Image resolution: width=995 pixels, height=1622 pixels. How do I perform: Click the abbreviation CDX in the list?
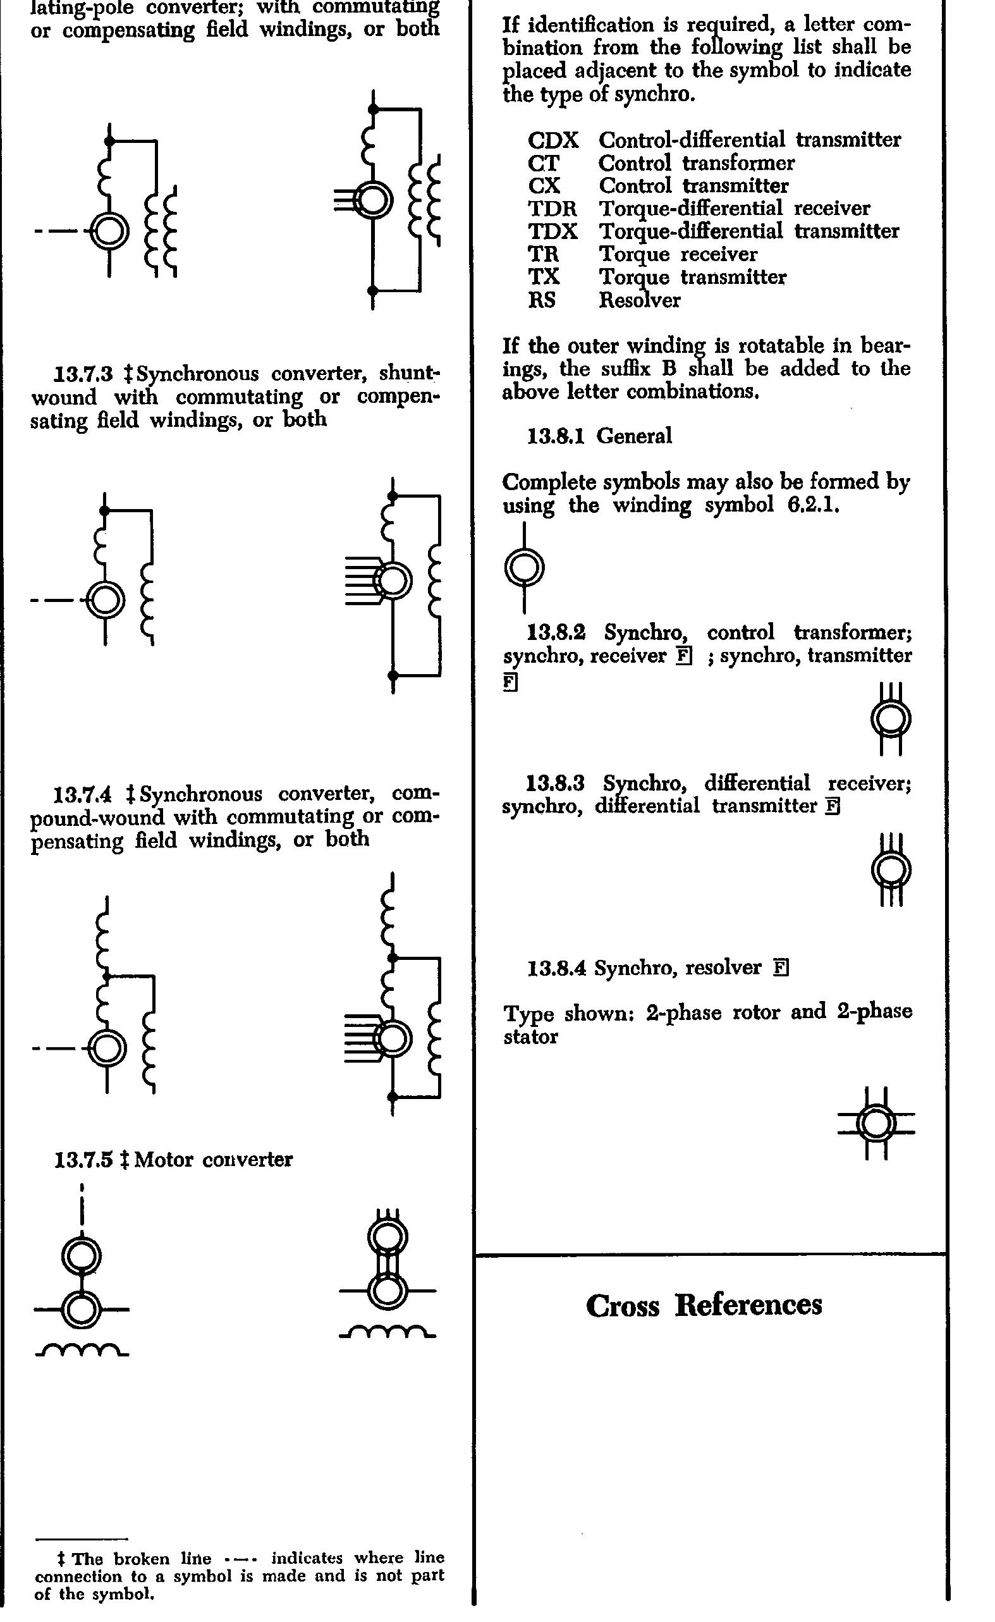[552, 140]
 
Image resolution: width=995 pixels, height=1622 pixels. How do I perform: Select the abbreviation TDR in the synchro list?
[552, 209]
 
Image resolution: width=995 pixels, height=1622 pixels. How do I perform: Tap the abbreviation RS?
[542, 300]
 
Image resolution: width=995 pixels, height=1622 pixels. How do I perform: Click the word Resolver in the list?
[639, 300]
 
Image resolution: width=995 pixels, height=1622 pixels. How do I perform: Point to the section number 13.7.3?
[83, 374]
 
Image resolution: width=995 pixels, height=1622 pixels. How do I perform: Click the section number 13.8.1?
[556, 436]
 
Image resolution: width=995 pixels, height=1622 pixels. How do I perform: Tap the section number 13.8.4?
[556, 968]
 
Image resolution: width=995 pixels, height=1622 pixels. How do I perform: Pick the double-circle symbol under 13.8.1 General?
[524, 568]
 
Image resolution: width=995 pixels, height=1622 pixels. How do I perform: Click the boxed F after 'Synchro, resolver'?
[781, 968]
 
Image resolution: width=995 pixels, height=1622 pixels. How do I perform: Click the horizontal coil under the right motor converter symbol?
[388, 1333]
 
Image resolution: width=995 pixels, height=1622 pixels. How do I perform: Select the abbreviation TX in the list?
[543, 277]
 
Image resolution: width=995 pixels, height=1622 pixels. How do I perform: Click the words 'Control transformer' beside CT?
[695, 163]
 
